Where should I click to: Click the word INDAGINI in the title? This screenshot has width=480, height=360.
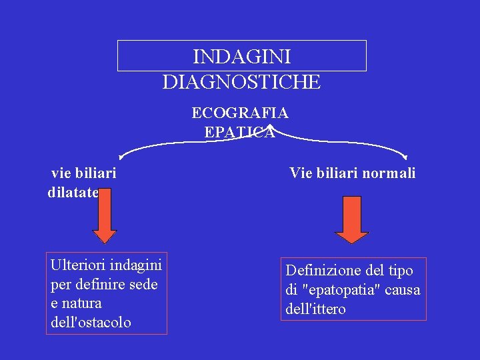pyautogui.click(x=241, y=57)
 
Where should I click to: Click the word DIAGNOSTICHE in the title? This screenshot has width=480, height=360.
pyautogui.click(x=241, y=83)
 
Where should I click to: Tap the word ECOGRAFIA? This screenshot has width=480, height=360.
pyautogui.click(x=240, y=112)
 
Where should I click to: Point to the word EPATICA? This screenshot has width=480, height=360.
pyautogui.click(x=239, y=132)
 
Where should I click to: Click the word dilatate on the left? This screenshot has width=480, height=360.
pyautogui.click(x=73, y=193)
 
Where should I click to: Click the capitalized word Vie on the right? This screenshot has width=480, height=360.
pyautogui.click(x=301, y=173)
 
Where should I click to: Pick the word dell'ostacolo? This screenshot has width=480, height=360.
pyautogui.click(x=91, y=322)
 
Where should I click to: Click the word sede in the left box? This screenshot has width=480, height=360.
pyautogui.click(x=143, y=284)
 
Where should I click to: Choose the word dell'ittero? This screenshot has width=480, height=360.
pyautogui.click(x=315, y=309)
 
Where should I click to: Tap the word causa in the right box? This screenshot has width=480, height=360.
pyautogui.click(x=403, y=290)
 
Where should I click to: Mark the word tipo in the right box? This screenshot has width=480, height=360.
pyautogui.click(x=399, y=271)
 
